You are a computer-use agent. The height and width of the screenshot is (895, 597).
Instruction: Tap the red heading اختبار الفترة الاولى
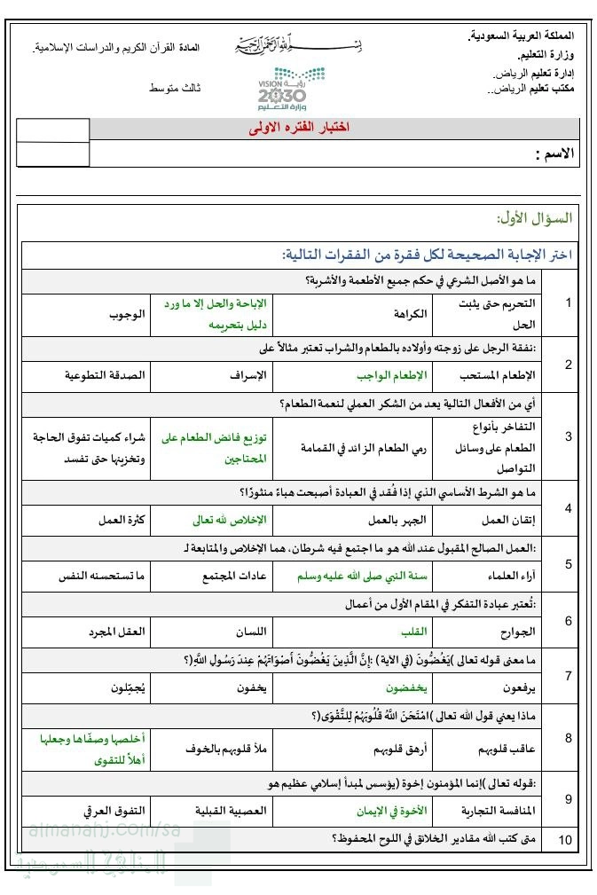click(299, 128)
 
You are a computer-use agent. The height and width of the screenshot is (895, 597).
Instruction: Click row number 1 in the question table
click(568, 302)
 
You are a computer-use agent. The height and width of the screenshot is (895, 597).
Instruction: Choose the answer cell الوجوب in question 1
click(127, 314)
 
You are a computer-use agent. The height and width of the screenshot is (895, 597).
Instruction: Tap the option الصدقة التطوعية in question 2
click(106, 375)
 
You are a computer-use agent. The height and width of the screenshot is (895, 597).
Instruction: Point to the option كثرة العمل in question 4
click(122, 520)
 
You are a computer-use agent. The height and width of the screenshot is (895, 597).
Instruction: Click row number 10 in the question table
click(566, 839)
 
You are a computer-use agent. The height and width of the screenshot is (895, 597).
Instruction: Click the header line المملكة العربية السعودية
click(521, 36)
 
